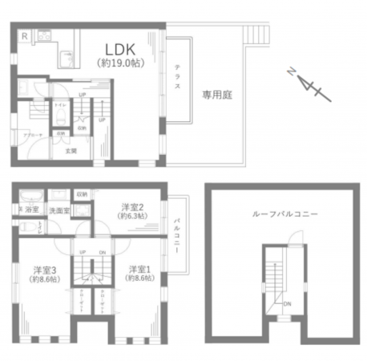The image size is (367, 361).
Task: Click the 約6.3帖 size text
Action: pyautogui.click(x=131, y=217)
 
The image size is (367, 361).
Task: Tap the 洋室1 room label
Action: pyautogui.click(x=139, y=270)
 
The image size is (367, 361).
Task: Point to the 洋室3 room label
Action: pyautogui.click(x=44, y=270)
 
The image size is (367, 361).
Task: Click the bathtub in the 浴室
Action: pyautogui.click(x=31, y=196)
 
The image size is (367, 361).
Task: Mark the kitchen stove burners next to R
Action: pyautogui.click(x=43, y=36)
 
